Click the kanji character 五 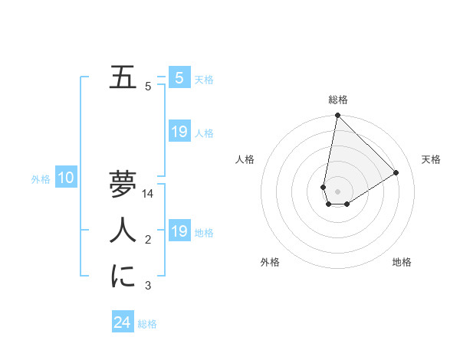pos(122,78)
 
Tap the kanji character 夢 pos(123,184)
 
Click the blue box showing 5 pos(179,77)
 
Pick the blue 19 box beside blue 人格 pos(179,132)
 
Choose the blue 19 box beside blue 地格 pos(179,231)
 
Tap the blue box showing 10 pos(66,178)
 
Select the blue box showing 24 pos(123,322)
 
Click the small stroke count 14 pos(148,195)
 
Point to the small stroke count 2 pos(148,241)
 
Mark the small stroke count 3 pos(148,286)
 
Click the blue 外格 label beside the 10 pos(41,180)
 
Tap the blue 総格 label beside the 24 pos(147,324)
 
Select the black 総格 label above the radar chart pos(337,100)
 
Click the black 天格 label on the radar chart pos(431,159)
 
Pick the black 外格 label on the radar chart pos(270,263)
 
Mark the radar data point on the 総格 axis pos(337,116)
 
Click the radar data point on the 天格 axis pos(396,172)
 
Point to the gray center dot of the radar pos(337,191)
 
